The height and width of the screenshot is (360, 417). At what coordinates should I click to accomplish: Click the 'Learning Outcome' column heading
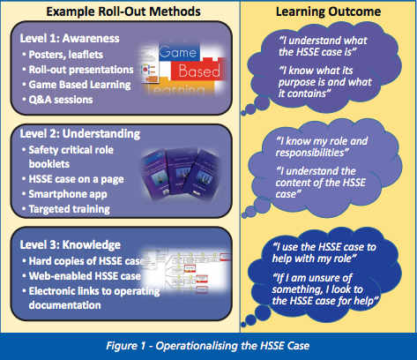tap(326, 12)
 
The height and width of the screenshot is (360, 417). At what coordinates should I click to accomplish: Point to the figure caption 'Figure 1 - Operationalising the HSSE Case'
tap(209, 343)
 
